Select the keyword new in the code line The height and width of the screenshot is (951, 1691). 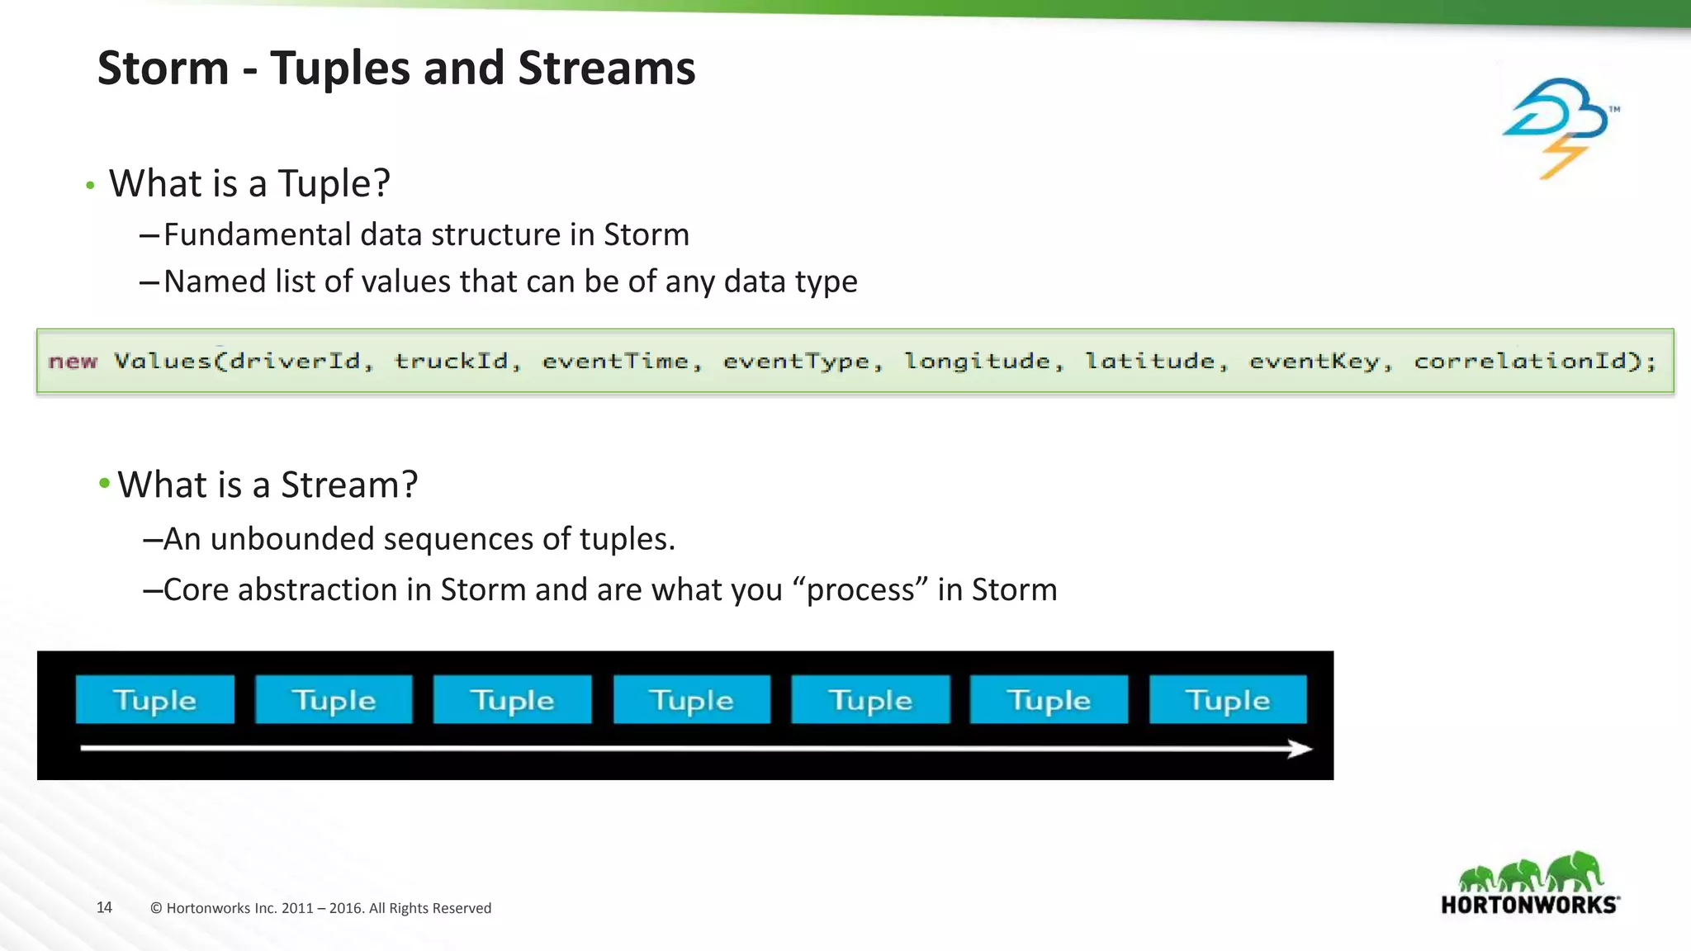point(73,362)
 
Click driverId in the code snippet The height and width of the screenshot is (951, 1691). point(294,362)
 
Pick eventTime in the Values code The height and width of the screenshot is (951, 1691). point(615,362)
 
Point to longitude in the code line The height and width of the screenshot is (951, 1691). point(977,362)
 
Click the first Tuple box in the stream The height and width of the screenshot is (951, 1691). point(154,700)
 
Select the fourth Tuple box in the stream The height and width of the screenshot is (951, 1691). point(691,700)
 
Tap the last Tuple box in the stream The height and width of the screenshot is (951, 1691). point(1227,700)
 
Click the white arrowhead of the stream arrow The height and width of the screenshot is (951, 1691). point(1300,749)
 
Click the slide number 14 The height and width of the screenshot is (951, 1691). point(104,907)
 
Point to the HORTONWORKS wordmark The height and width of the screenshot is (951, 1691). point(1529,905)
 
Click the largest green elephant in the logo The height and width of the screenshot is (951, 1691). point(1575,871)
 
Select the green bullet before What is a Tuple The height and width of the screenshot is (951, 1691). point(90,186)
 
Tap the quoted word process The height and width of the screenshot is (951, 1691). point(860,590)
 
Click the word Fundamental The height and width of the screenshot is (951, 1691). point(258,235)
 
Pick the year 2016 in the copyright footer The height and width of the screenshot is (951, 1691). point(345,908)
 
